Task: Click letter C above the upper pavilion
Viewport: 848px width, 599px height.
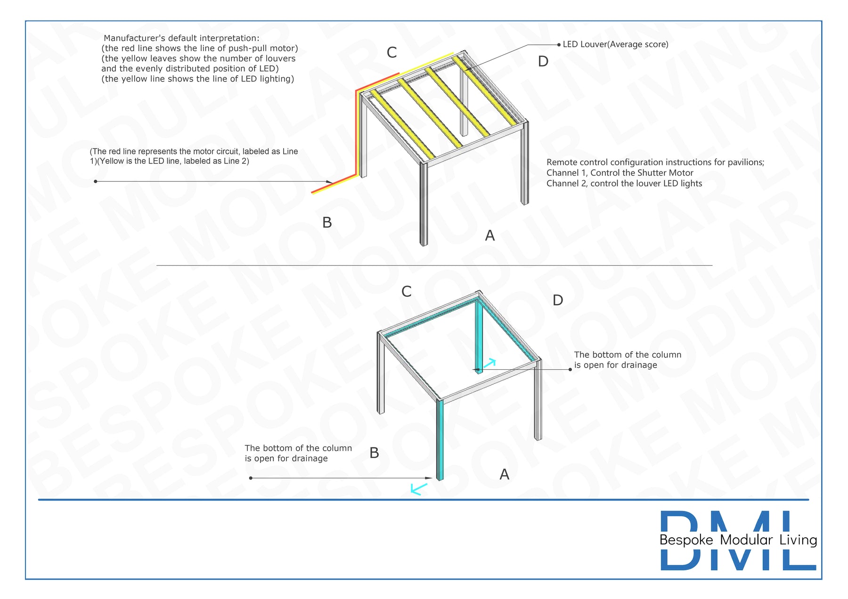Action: tap(391, 52)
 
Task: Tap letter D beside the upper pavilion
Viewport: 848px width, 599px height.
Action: tap(543, 61)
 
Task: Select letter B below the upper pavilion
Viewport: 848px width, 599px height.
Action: tap(327, 222)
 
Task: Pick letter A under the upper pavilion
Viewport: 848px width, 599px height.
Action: tap(490, 235)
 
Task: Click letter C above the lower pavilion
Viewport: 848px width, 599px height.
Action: tap(406, 291)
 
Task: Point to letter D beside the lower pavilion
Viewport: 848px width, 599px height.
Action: tap(558, 300)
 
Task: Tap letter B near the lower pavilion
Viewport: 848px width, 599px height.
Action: tap(374, 453)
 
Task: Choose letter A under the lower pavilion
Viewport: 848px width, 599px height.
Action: tap(505, 474)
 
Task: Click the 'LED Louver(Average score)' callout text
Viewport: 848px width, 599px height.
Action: tap(615, 44)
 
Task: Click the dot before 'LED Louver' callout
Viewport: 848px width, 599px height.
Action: tap(559, 45)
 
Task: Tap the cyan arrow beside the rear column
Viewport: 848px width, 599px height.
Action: tap(489, 363)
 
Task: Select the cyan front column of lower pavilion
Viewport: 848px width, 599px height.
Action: tap(440, 440)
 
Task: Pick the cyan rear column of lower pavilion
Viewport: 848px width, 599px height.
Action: tap(479, 336)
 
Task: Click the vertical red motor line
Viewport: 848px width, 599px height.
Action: tap(357, 132)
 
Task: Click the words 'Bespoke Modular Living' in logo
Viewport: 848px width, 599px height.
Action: tap(738, 540)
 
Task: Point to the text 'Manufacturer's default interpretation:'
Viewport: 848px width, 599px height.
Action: tap(181, 38)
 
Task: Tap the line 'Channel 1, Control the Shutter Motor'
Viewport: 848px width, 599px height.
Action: tap(620, 173)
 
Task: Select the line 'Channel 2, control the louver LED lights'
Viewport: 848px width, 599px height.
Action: tap(624, 184)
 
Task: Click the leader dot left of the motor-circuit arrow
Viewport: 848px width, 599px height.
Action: tap(96, 181)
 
